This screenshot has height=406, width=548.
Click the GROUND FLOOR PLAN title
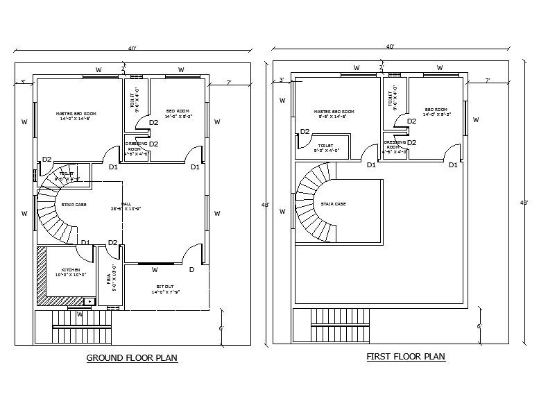132,358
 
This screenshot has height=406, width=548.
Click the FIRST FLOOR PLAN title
406,357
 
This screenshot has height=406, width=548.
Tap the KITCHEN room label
70,270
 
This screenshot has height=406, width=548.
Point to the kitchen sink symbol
89,301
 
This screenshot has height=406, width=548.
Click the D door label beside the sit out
191,269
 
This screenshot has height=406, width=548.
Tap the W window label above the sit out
155,270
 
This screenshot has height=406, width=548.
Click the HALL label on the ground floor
126,204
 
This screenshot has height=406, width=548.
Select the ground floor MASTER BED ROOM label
76,113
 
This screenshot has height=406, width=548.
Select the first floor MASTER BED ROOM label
334,112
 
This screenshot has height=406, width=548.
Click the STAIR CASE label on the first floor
334,204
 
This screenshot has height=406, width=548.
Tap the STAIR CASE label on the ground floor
74,204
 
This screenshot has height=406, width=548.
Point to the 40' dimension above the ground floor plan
132,49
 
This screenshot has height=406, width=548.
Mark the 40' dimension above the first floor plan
391,46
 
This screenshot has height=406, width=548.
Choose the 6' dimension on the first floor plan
479,325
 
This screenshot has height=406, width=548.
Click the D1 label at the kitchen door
85,242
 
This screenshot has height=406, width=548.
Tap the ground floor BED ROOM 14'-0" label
178,111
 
